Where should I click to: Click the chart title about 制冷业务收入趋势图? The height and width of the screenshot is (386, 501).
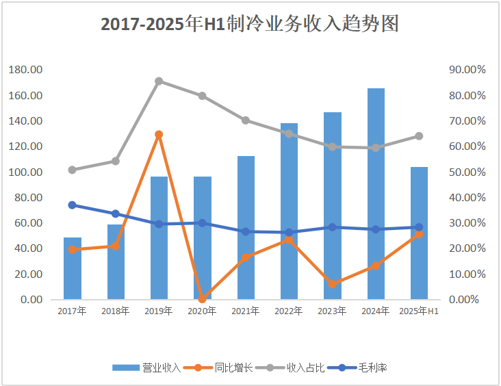click(250, 25)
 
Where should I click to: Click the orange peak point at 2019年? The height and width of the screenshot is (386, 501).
click(159, 135)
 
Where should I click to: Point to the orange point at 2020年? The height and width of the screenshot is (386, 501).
click(202, 299)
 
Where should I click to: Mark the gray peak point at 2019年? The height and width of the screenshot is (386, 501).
click(159, 81)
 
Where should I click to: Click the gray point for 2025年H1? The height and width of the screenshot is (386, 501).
click(419, 136)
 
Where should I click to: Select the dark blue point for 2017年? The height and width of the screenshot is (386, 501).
click(72, 205)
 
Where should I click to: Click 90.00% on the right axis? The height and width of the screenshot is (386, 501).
click(467, 70)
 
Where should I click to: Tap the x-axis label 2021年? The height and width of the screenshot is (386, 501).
click(246, 311)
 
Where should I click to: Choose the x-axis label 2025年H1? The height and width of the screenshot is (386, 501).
click(419, 311)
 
